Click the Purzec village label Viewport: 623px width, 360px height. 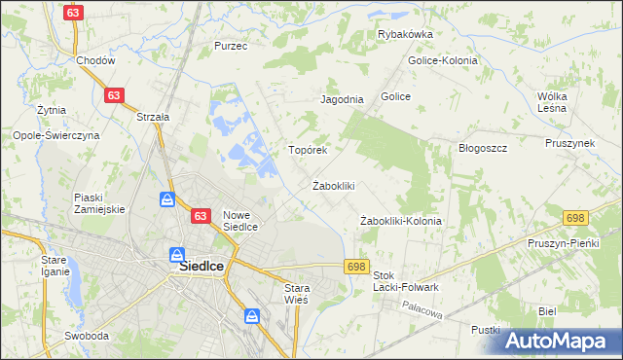tap(231, 46)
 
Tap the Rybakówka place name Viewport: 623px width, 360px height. tap(405, 34)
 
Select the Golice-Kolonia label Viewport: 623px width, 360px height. tap(444, 60)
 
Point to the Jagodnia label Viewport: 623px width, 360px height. tap(342, 99)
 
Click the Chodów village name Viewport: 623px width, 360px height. tap(96, 60)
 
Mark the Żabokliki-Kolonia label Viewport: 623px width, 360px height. tap(401, 221)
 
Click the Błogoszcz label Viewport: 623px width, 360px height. tap(483, 148)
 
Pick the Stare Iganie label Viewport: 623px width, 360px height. tap(55, 266)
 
